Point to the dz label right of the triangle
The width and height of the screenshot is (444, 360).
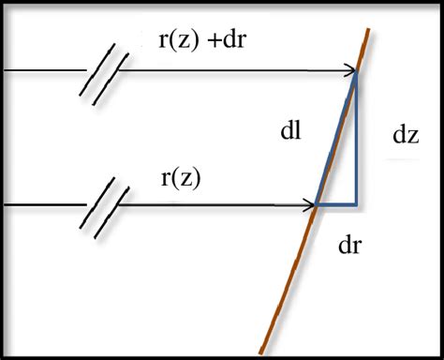coord(406,135)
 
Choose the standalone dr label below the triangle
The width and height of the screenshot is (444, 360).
coord(351,246)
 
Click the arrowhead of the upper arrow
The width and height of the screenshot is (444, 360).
coord(349,71)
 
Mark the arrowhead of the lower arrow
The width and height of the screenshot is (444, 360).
coord(313,203)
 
